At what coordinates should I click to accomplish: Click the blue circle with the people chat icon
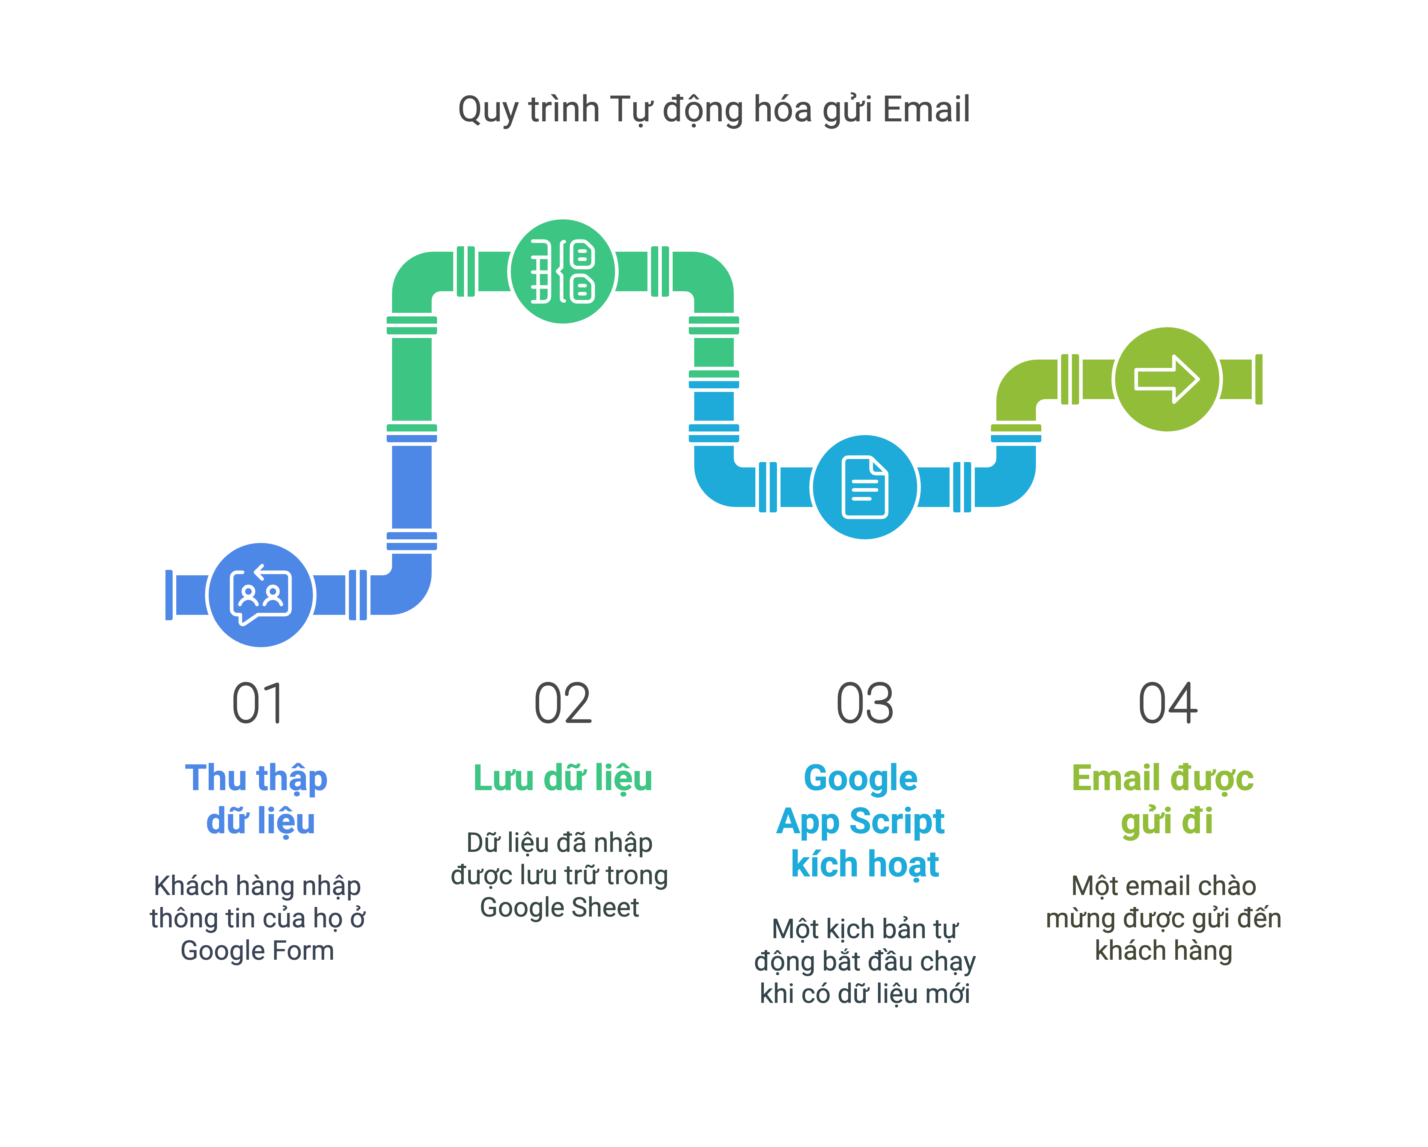click(x=261, y=595)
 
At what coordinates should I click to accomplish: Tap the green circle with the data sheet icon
click(x=563, y=271)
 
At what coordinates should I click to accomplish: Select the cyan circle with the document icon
click(x=865, y=488)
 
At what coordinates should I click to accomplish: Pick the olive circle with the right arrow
click(x=1167, y=379)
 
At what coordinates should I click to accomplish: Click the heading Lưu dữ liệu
click(x=562, y=778)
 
